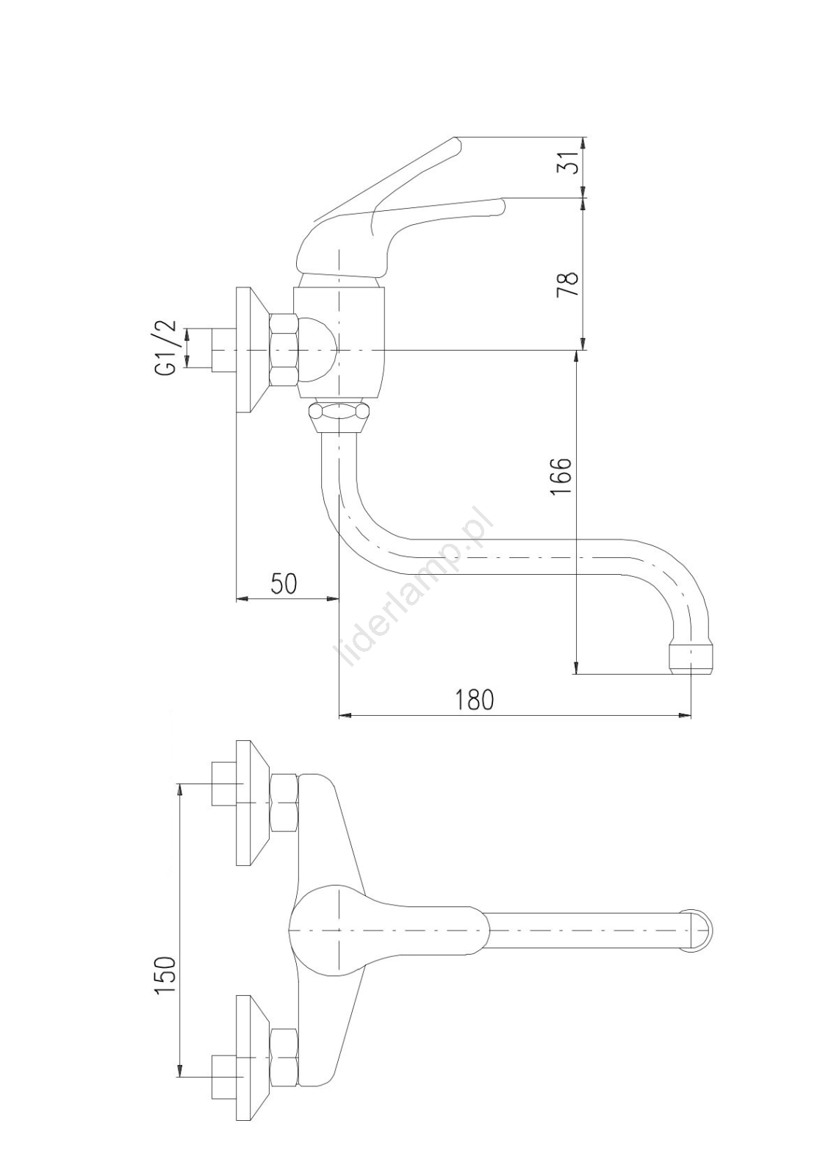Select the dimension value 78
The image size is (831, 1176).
568,284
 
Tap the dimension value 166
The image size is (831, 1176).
561,476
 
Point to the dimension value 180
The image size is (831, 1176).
474,699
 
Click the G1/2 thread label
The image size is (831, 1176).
166,348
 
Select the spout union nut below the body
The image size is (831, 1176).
337,416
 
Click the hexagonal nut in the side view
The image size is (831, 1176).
284,350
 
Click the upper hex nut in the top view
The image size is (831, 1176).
284,803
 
